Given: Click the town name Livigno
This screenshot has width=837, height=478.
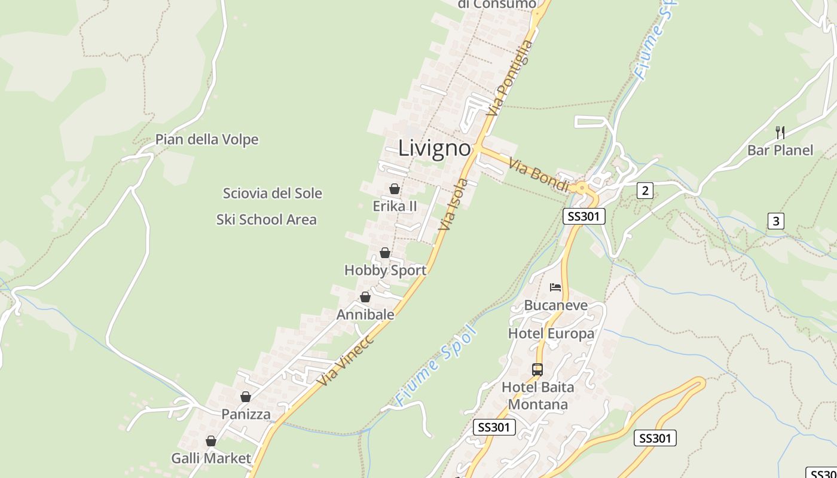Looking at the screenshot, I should coord(435,148).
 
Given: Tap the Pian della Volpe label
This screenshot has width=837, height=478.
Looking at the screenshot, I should coord(207,140).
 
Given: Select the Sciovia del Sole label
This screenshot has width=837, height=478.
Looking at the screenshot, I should coord(272,194).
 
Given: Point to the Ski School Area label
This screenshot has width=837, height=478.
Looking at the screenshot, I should coord(266,220).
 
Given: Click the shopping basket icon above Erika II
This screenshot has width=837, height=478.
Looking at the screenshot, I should coord(395,189).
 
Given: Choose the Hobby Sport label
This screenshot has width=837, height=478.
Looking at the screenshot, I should coord(385,270).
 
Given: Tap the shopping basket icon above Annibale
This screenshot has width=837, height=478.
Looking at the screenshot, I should coord(365,297).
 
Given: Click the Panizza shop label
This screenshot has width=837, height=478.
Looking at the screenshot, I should coord(246,414).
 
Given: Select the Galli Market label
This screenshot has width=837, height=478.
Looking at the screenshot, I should coord(211,458).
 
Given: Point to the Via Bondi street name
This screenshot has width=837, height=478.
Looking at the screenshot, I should coord(539,175).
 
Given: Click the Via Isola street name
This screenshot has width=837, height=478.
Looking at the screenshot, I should coord(453,204).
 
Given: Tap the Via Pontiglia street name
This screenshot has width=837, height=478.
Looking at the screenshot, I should coord(509,78).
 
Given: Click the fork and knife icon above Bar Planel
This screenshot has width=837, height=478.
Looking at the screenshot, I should coord(780,132).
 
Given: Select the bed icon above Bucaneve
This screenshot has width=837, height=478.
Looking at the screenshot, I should coord(555,287).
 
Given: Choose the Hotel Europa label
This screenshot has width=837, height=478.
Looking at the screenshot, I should coord(551,333).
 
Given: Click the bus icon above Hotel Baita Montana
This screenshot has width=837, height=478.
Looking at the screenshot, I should coord(537,370).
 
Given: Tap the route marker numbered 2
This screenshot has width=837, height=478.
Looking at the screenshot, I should coord(644,191).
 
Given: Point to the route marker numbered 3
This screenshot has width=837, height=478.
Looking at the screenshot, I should coord(775,221).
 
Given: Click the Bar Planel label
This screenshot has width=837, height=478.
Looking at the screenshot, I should coord(780,150).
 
